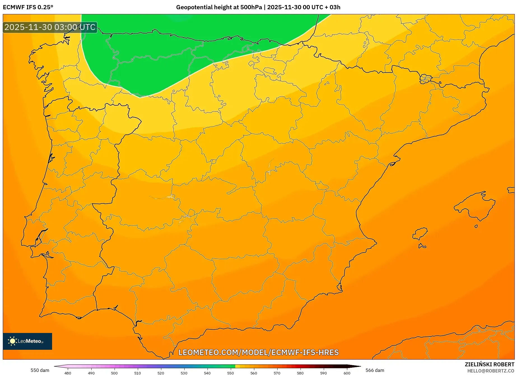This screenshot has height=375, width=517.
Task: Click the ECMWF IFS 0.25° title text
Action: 28,7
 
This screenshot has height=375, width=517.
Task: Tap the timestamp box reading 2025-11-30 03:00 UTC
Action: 50,27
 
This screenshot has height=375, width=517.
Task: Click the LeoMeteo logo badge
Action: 27,341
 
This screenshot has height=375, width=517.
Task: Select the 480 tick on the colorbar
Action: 68,373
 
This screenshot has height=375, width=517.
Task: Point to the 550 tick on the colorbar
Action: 230,373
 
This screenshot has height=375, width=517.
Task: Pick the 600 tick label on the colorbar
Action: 347,373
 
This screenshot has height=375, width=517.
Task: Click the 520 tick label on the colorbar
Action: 161,373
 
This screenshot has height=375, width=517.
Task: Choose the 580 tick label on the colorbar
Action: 300,373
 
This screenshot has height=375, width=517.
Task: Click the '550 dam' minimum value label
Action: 40,370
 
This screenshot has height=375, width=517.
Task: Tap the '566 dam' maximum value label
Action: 375,370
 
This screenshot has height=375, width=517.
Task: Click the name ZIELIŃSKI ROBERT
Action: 490,365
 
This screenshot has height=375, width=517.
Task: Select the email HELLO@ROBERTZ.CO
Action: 491,371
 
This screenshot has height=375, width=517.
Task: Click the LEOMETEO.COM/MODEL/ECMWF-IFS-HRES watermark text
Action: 258,352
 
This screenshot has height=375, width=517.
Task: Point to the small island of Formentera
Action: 422,246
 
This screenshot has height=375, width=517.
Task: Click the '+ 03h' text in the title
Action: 332,7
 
